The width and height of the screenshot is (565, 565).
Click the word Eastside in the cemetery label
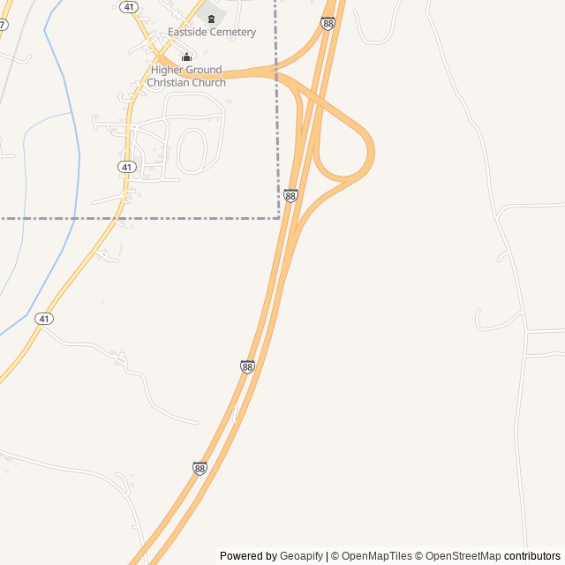[188, 33]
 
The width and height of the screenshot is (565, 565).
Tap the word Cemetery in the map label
[232, 33]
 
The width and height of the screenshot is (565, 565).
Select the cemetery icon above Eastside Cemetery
[211, 18]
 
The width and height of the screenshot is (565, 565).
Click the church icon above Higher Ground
[186, 57]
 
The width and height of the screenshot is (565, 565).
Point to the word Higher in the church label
[167, 71]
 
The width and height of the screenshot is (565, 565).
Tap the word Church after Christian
[211, 83]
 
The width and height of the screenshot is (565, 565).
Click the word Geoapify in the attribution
[301, 556]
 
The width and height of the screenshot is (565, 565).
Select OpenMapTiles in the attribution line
[377, 556]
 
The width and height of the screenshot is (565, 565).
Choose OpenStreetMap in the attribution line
[463, 556]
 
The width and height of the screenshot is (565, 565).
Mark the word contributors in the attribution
[532, 556]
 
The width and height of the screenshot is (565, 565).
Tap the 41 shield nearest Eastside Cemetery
[129, 6]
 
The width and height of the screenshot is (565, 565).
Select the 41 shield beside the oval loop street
[126, 167]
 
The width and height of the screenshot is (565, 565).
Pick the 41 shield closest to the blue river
[44, 318]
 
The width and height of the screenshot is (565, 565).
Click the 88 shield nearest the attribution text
[200, 469]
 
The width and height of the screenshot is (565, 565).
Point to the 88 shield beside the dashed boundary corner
[290, 195]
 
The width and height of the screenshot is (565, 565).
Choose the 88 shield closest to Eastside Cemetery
[328, 24]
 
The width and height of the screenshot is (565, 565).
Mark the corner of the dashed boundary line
[278, 217]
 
